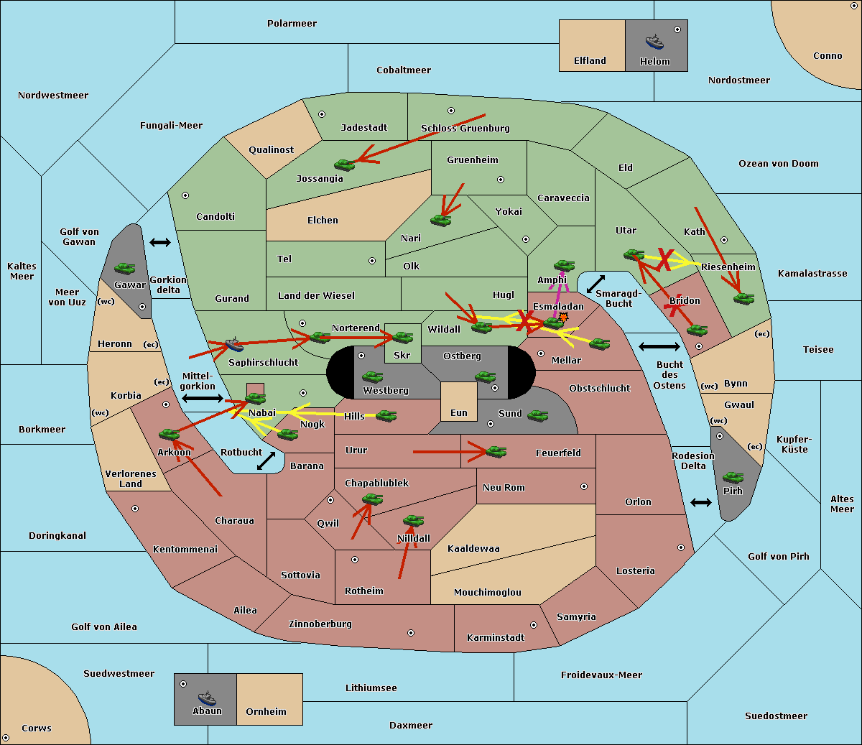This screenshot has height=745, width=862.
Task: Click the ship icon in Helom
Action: click(654, 42)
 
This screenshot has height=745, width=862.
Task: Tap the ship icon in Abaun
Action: click(207, 698)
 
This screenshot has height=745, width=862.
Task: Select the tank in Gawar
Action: click(124, 268)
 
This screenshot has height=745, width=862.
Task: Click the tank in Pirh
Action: click(733, 477)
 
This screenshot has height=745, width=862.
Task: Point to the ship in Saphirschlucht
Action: click(234, 344)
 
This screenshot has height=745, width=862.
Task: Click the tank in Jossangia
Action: click(345, 165)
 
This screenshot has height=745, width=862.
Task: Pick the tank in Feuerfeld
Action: click(496, 452)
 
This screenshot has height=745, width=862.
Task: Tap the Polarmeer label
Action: click(292, 24)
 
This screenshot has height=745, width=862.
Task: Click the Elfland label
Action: click(590, 61)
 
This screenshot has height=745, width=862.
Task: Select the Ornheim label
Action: click(266, 711)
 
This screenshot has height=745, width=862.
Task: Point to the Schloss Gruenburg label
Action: click(465, 128)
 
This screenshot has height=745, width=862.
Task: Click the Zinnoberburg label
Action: click(320, 624)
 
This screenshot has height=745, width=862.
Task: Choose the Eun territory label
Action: click(459, 412)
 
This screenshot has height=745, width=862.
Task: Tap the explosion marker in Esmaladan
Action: click(563, 318)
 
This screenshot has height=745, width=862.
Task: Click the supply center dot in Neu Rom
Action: click(584, 486)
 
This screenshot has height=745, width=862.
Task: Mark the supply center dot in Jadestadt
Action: click(322, 114)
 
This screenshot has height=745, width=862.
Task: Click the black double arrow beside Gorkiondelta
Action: click(160, 242)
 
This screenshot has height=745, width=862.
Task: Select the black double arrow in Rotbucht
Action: click(266, 461)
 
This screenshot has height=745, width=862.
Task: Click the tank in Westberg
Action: click(372, 376)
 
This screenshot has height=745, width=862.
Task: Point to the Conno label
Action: click(828, 56)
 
